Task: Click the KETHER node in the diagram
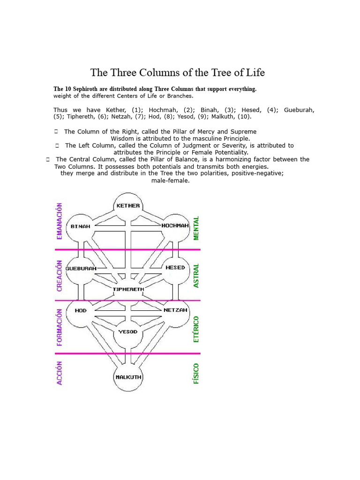[x=128, y=205]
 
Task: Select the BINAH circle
[x=81, y=226]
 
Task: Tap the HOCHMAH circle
[x=175, y=226]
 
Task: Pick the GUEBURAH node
[x=81, y=269]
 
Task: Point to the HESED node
[x=175, y=268]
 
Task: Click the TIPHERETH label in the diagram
[x=128, y=289]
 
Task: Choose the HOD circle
[x=81, y=310]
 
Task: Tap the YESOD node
[x=128, y=331]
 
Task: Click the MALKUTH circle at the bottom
[x=128, y=377]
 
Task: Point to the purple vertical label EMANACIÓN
[x=60, y=221]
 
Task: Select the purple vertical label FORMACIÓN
[x=60, y=327]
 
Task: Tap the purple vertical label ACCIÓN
[x=60, y=373]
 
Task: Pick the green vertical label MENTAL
[x=196, y=228]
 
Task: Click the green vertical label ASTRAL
[x=196, y=275]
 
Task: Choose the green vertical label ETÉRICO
[x=196, y=329]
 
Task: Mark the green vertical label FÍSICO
[x=196, y=374]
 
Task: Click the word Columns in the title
[x=152, y=73]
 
